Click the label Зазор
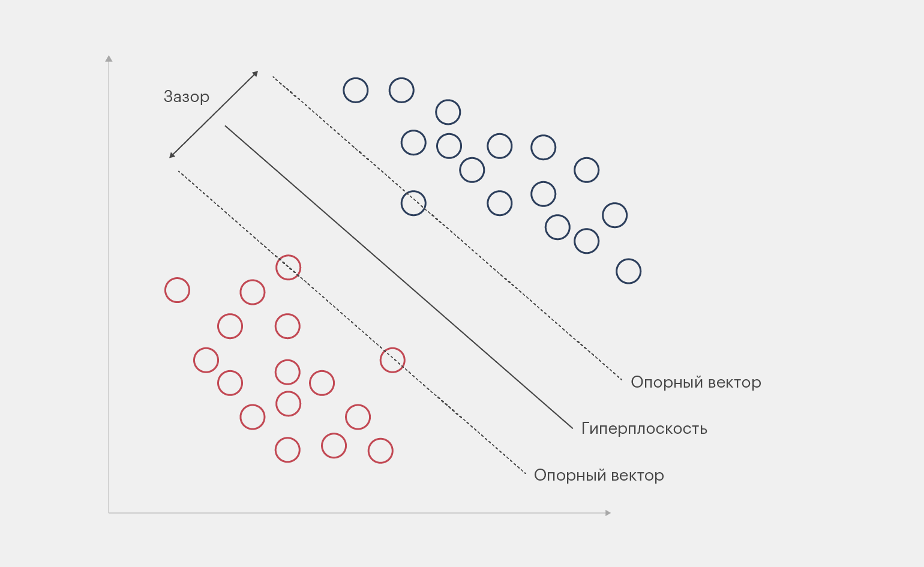(x=186, y=97)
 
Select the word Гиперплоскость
(x=644, y=429)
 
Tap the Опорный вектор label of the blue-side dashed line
(x=695, y=382)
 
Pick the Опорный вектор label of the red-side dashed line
(x=598, y=475)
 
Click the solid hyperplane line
(x=399, y=277)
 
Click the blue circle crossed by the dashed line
(x=413, y=203)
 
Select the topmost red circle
(x=288, y=268)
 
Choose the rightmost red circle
(x=392, y=360)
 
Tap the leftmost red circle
(x=177, y=290)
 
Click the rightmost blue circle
(x=628, y=271)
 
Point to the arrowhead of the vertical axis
(x=109, y=58)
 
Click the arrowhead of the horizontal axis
(x=608, y=513)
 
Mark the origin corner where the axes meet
(x=109, y=513)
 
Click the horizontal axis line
(x=360, y=513)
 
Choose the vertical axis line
(x=109, y=288)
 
